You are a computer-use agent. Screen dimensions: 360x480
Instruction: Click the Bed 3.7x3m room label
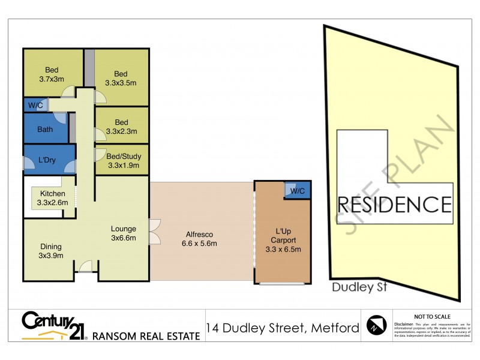[x=51, y=74]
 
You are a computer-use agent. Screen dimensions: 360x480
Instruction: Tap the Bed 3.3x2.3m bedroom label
[x=122, y=127]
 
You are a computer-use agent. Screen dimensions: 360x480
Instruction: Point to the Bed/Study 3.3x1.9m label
[x=123, y=160]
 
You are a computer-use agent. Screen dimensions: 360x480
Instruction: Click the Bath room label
[x=45, y=129]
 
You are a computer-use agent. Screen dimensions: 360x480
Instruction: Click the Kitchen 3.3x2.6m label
[x=53, y=198]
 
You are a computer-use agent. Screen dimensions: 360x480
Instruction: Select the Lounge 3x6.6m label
[x=123, y=233]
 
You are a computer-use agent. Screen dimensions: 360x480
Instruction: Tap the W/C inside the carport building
[x=297, y=191]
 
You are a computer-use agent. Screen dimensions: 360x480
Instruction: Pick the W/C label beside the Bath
[x=34, y=106]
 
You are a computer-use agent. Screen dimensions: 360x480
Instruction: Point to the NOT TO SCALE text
[x=433, y=315]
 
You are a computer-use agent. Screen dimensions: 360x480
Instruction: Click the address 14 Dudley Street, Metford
[x=282, y=328]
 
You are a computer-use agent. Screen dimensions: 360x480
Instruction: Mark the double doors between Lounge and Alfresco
[x=155, y=232]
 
